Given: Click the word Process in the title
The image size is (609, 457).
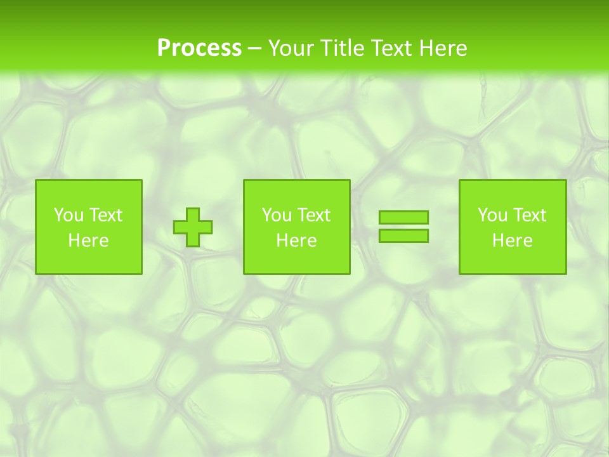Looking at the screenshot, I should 199,48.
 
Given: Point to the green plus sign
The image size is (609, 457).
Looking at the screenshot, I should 193,227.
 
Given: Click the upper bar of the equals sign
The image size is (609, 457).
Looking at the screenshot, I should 403,217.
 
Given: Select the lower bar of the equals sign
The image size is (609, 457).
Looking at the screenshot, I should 403,235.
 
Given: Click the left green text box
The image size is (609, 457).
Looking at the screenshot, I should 89,260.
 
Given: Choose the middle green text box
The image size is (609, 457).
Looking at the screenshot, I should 297,260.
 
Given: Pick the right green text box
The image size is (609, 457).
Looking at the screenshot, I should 513,260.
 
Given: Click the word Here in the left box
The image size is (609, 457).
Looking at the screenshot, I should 89,241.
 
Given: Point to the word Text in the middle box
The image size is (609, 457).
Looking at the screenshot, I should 313,215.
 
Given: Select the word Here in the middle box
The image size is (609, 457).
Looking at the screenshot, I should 297,241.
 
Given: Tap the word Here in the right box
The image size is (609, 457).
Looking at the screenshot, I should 513,241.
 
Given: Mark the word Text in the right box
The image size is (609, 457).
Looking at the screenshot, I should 529,215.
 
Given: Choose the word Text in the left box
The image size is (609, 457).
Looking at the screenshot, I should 105,215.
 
